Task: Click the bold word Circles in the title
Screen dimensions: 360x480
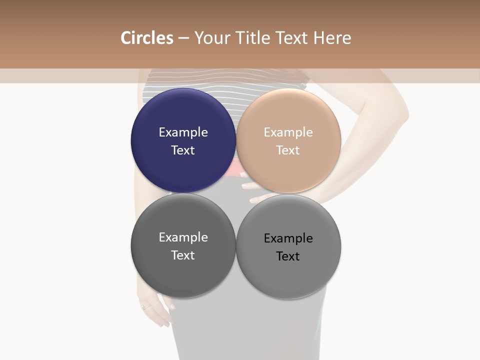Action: click(147, 38)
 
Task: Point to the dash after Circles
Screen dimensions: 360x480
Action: click(183, 38)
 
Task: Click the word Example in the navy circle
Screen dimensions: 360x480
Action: click(183, 132)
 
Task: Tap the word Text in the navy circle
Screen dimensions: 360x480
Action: click(183, 150)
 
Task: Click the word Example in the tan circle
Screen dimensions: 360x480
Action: click(288, 132)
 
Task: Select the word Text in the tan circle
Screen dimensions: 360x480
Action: click(288, 150)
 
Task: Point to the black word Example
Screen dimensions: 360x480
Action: click(288, 238)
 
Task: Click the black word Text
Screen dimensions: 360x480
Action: click(288, 256)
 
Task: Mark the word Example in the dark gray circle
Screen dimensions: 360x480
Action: click(183, 237)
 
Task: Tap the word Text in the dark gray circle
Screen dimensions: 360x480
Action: click(183, 255)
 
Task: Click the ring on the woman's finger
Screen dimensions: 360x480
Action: click(145, 306)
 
